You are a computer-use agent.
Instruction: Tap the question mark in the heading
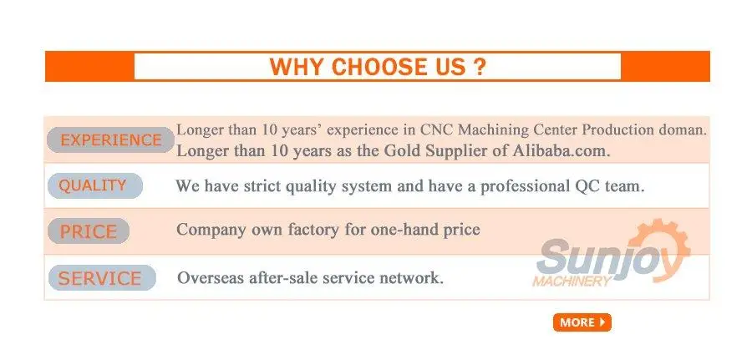pyautogui.click(x=479, y=67)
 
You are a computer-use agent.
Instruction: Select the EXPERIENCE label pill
pyautogui.click(x=110, y=140)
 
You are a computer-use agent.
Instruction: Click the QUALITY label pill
pyautogui.click(x=95, y=185)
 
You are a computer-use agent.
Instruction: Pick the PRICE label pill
pyautogui.click(x=89, y=231)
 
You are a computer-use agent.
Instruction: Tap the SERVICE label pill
pyautogui.click(x=102, y=278)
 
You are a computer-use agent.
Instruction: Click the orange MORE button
pyautogui.click(x=582, y=322)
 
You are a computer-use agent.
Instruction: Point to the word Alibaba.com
pyautogui.click(x=561, y=151)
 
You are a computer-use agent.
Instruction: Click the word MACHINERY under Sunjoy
pyautogui.click(x=572, y=281)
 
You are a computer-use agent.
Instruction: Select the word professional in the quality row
pyautogui.click(x=524, y=186)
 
